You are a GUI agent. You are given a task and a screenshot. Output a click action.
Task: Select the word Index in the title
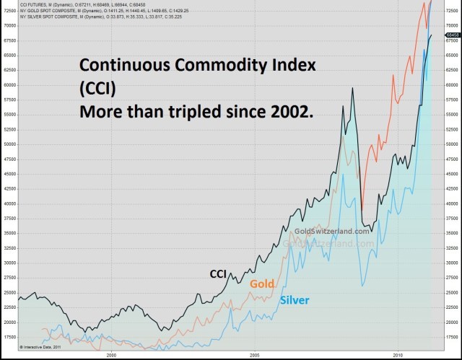(x=293, y=66)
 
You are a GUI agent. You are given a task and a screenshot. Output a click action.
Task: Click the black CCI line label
(x=219, y=273)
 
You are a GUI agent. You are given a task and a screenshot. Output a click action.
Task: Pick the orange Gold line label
(x=261, y=284)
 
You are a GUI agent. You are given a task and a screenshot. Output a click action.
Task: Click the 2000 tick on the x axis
(x=111, y=355)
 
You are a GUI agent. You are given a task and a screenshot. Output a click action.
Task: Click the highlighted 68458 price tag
(x=453, y=35)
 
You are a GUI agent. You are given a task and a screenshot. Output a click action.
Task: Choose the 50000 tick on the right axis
(x=453, y=144)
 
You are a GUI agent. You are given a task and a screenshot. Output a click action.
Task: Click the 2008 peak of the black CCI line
(x=352, y=88)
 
